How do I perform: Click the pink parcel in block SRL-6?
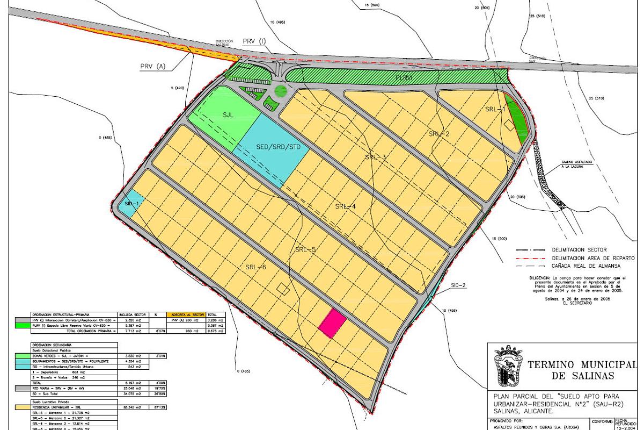(332, 324)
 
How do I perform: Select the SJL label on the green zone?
(230, 114)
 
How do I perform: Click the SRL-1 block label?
(495, 109)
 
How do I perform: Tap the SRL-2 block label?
(439, 134)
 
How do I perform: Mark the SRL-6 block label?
(257, 267)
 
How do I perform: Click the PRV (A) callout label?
(153, 66)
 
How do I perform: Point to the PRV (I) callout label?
(254, 41)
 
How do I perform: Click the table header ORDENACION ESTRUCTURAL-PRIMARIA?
(61, 314)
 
